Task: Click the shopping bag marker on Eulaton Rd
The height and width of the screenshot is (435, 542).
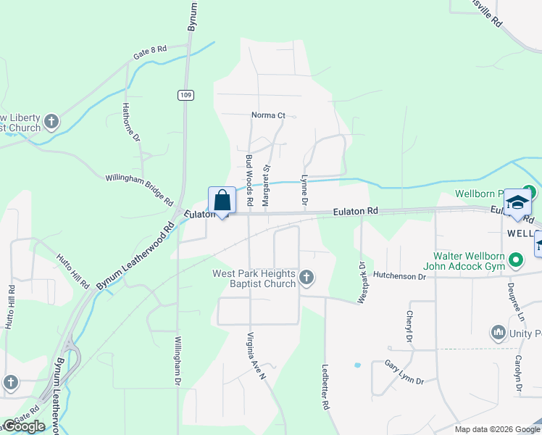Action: click(x=222, y=200)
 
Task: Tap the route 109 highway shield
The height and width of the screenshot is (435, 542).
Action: click(x=185, y=95)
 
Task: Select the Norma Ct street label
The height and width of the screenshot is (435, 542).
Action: click(x=269, y=115)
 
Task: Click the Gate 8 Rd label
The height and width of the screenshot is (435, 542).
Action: click(x=150, y=52)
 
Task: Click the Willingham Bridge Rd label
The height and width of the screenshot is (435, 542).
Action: click(x=139, y=188)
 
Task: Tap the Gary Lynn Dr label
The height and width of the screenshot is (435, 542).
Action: click(x=404, y=372)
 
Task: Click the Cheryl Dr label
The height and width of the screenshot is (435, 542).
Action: click(x=409, y=327)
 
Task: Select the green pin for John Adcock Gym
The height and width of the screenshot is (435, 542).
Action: click(x=515, y=259)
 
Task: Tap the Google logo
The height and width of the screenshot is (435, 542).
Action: click(x=25, y=426)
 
